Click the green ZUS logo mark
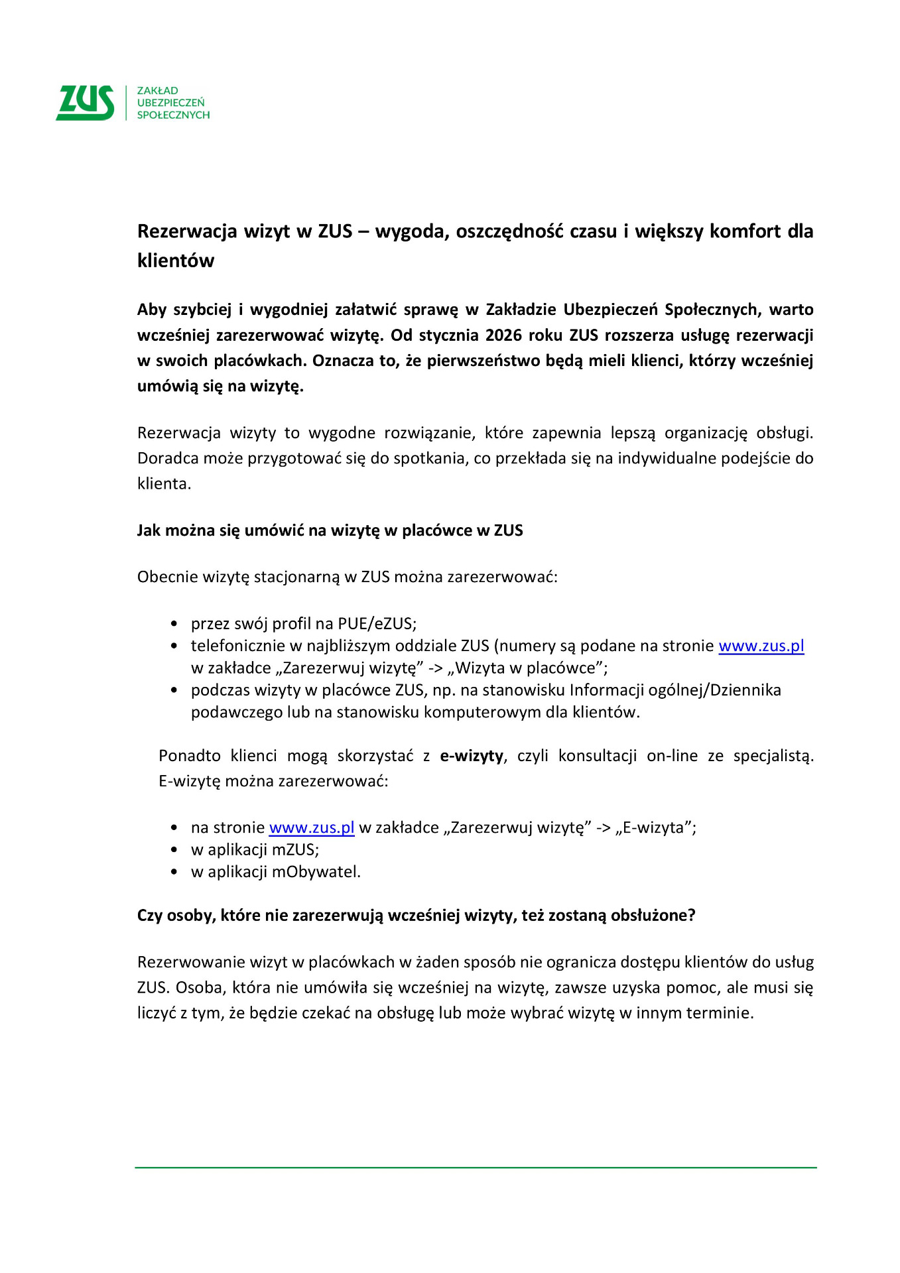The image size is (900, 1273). click(85, 103)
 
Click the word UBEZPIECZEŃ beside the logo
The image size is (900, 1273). click(170, 103)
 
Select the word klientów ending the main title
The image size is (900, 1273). click(176, 261)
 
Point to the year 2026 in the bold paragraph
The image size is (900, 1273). click(504, 335)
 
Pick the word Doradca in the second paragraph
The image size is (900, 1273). click(162, 458)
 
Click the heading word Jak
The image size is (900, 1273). click(149, 530)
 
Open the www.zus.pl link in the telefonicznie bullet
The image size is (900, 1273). click(761, 646)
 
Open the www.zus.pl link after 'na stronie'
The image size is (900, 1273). click(312, 827)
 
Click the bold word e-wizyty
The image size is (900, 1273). click(472, 756)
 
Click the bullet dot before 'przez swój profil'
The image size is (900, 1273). click(174, 624)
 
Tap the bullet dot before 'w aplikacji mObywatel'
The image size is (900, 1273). click(174, 872)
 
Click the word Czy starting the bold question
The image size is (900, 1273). click(150, 916)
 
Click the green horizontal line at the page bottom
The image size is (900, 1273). click(476, 1168)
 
